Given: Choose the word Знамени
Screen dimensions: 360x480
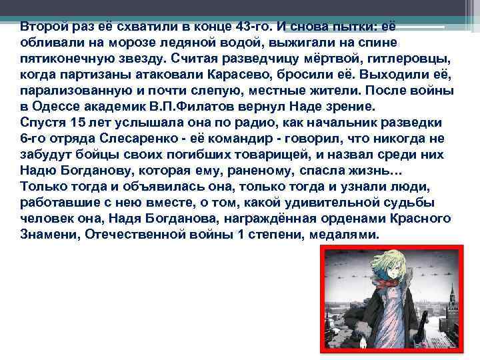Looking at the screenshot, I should tap(47, 235).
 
